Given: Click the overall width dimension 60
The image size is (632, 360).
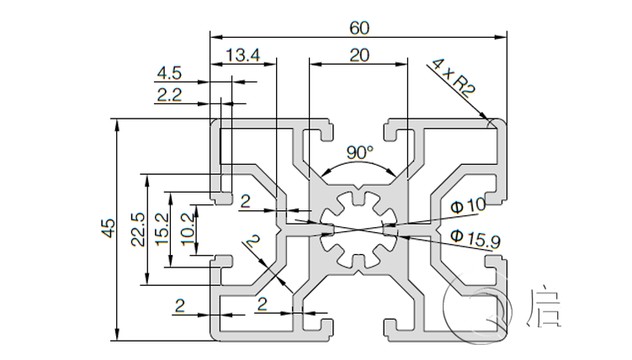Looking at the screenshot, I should pos(359,28).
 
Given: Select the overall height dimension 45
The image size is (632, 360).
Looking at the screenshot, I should pos(108,229).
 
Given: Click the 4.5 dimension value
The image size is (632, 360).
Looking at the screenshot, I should pos(169,74).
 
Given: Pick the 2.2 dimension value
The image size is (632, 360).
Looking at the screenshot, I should pos(169,95).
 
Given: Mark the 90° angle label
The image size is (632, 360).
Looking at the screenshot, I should pos(359,152).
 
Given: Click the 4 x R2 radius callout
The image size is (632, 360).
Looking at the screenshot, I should pos(452,78).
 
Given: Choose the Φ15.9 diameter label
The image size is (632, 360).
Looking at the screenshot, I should pos(475,240).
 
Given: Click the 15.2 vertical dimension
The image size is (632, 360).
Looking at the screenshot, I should pos(162,229).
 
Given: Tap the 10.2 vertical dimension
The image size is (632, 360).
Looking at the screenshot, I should pos(187,229).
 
